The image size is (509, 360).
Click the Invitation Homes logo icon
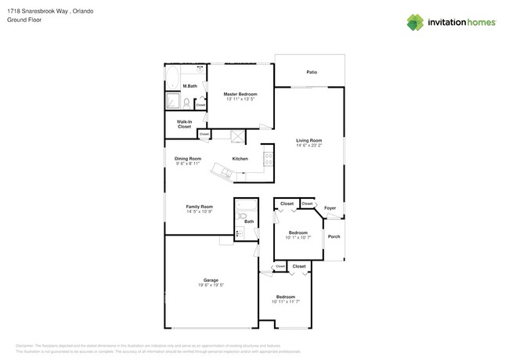click(x=415, y=23)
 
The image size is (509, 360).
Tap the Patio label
click(x=312, y=72)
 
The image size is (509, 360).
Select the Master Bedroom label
click(x=240, y=94)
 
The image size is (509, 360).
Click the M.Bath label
click(x=190, y=86)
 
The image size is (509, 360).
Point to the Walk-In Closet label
click(x=184, y=124)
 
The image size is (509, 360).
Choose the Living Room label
click(x=309, y=140)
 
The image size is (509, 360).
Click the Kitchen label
click(x=240, y=159)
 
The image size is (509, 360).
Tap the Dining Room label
click(x=188, y=159)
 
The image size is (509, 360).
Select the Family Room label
click(x=199, y=207)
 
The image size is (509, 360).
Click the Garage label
click(x=211, y=280)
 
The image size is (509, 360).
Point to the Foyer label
click(x=330, y=208)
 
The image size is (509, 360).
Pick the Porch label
click(x=334, y=236)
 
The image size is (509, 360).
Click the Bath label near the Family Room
click(x=249, y=221)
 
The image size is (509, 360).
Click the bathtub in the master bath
click(x=172, y=80)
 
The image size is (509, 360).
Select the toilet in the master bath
click(x=186, y=103)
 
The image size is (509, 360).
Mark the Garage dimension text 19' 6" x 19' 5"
click(x=211, y=286)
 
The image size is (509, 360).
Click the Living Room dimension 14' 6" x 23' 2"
click(x=309, y=146)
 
